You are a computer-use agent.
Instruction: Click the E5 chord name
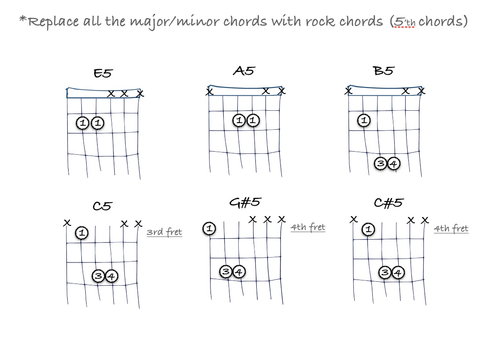coord(102,73)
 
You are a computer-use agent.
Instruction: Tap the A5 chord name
coord(244,71)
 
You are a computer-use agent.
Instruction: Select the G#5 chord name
coord(245,202)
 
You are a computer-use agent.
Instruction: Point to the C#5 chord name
coord(388,203)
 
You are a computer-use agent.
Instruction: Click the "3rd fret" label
coord(164,232)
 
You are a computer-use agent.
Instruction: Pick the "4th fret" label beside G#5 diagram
coord(308,227)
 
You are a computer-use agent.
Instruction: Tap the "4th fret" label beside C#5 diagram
coord(451,229)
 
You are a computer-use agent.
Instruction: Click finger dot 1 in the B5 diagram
coord(364,120)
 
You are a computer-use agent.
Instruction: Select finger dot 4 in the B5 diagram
coord(394,164)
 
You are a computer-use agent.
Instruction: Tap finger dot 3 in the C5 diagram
coord(98,276)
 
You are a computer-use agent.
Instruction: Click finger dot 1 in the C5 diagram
coord(81,233)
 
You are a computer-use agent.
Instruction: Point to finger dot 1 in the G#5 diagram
coord(209,229)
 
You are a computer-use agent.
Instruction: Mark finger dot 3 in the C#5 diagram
coord(385,273)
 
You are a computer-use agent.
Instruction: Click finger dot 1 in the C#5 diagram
coord(368,229)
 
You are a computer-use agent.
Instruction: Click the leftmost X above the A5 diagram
coord(210,92)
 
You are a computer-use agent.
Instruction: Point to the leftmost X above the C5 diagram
coord(67,223)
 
